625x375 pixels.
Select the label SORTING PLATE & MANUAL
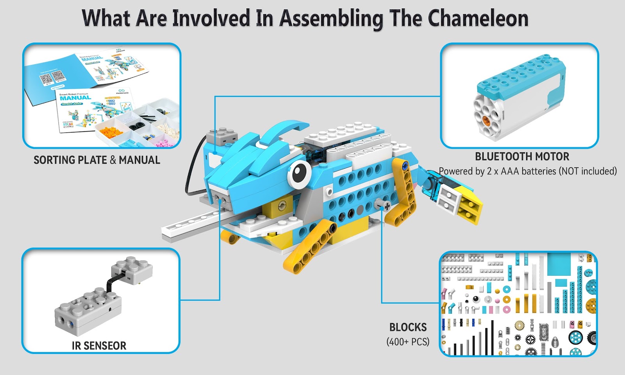96,160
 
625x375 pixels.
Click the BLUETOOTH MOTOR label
522,157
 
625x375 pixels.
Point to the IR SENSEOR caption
99,346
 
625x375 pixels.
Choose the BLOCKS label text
408,327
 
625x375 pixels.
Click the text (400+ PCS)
408,342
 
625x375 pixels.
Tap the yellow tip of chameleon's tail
471,205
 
